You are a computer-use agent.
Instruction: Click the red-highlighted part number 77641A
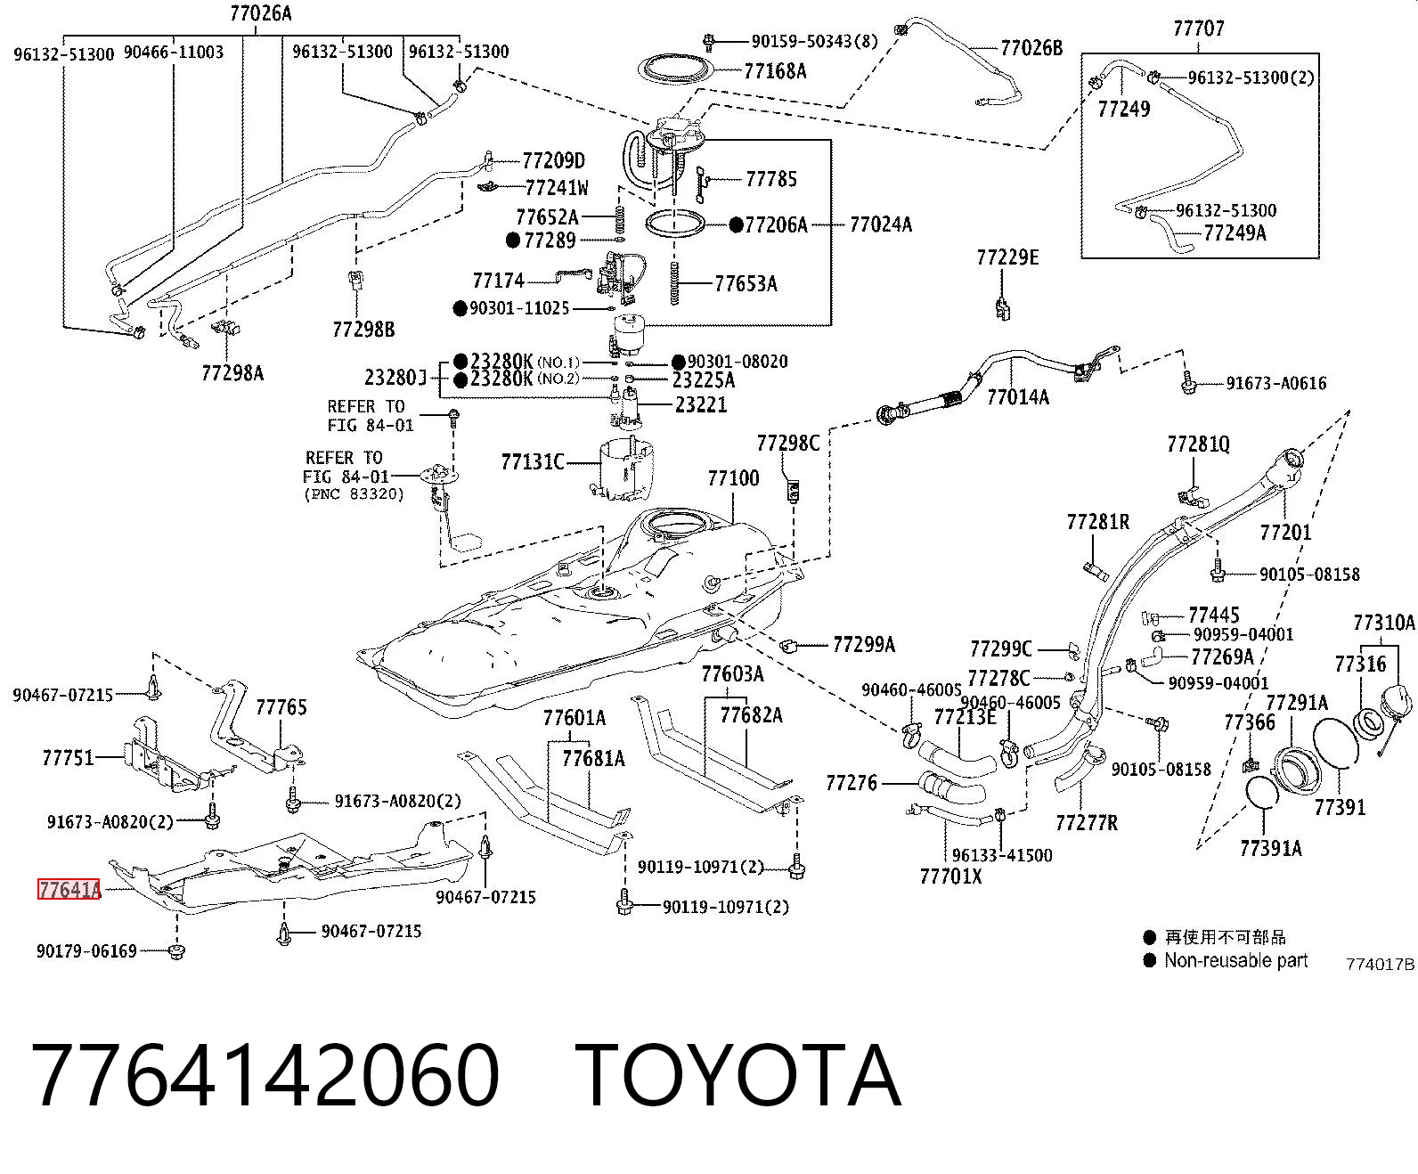[x=69, y=889]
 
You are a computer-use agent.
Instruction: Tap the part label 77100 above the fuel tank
[x=733, y=478]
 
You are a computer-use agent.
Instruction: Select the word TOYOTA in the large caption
[x=738, y=1076]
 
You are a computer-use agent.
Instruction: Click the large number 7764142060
[x=265, y=1076]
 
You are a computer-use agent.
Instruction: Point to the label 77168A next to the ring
[x=775, y=71]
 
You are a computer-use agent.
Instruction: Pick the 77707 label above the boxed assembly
[x=1199, y=29]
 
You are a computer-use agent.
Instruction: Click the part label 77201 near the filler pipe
[x=1285, y=532]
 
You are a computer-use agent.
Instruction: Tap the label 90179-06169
[x=87, y=950]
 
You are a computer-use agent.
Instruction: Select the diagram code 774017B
[x=1381, y=964]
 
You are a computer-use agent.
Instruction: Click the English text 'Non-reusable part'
[x=1236, y=960]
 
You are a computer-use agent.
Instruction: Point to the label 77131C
[x=533, y=462]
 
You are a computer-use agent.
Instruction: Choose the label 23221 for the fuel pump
[x=701, y=405]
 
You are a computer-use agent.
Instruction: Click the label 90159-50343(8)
[x=814, y=42]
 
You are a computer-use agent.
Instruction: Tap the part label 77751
[x=68, y=757]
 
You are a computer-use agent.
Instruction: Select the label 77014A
[x=1018, y=396]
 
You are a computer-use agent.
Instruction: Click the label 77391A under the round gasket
[x=1271, y=849]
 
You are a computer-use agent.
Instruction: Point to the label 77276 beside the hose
[x=852, y=783]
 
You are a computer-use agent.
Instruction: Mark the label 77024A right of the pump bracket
[x=881, y=224]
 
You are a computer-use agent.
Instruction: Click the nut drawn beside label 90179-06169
[x=176, y=951]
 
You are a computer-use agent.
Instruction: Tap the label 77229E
[x=1007, y=257]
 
